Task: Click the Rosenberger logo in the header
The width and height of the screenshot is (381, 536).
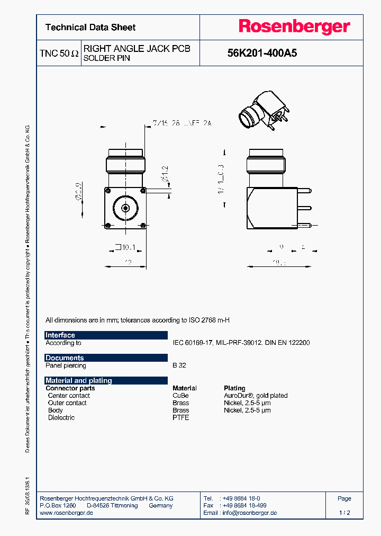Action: [294, 27]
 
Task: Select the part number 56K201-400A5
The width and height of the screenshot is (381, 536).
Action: [262, 53]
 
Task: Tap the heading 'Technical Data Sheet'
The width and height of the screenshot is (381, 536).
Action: [90, 28]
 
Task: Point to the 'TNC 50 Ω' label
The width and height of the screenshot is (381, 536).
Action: [59, 53]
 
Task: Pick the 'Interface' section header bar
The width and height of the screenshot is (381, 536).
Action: [106, 335]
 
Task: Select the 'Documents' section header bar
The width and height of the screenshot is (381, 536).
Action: [106, 358]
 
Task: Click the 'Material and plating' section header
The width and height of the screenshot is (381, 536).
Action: [106, 381]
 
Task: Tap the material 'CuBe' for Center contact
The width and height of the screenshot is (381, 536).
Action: [180, 396]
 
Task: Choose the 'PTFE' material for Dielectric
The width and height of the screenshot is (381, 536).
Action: [180, 418]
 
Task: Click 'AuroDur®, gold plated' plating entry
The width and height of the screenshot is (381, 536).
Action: [256, 396]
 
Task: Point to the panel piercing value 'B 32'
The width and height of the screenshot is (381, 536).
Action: [179, 365]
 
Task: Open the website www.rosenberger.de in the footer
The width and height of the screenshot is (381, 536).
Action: [67, 513]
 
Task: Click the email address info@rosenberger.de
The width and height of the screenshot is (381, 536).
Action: [248, 513]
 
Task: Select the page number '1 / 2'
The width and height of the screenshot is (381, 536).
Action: [344, 513]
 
